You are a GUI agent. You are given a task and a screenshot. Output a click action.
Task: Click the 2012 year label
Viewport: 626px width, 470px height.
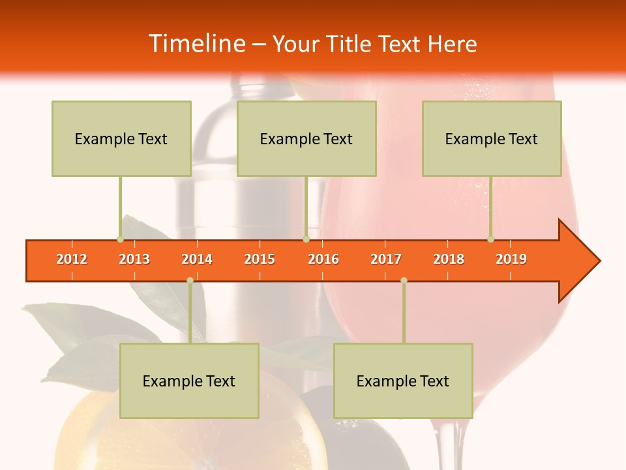point(72,259)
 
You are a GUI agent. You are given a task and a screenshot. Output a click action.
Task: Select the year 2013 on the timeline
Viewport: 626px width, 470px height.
point(134,259)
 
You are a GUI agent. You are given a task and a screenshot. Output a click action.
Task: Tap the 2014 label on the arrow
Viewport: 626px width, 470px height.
point(197,259)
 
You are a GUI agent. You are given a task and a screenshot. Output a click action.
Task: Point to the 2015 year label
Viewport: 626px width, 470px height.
point(260,259)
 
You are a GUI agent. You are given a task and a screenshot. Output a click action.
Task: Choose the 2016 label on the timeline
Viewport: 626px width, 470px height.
point(323,259)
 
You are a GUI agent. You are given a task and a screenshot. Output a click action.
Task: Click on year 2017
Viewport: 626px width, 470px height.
point(386,259)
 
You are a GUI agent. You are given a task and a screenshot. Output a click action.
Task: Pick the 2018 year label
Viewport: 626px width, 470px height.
point(449,259)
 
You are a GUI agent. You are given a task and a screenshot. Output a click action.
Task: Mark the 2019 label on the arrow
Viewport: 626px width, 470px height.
point(511,259)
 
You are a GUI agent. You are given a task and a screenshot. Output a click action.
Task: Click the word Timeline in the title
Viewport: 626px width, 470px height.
point(196,44)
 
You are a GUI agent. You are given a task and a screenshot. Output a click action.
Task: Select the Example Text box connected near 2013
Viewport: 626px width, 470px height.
point(121,138)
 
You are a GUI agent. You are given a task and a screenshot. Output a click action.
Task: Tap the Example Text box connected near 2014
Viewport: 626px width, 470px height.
point(189,381)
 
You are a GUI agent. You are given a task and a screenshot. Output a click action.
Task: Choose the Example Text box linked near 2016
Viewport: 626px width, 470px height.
point(306,138)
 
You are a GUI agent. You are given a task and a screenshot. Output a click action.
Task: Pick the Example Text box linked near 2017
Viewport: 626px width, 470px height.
point(403,381)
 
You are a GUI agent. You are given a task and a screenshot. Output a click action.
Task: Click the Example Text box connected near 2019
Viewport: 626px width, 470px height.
point(492,138)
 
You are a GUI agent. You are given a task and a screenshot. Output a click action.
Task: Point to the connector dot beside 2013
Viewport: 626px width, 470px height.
point(120,239)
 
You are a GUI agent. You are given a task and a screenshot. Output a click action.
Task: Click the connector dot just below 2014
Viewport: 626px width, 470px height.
point(190,280)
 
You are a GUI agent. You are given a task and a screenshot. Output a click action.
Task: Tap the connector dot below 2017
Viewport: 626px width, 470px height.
point(404,280)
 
